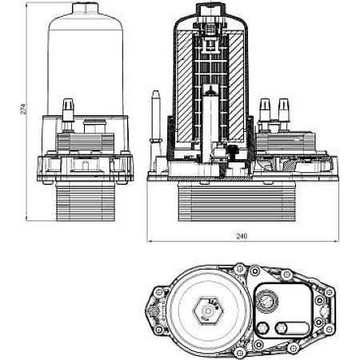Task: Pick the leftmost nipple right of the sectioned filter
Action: pos(265,108)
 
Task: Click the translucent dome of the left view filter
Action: pos(84,56)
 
